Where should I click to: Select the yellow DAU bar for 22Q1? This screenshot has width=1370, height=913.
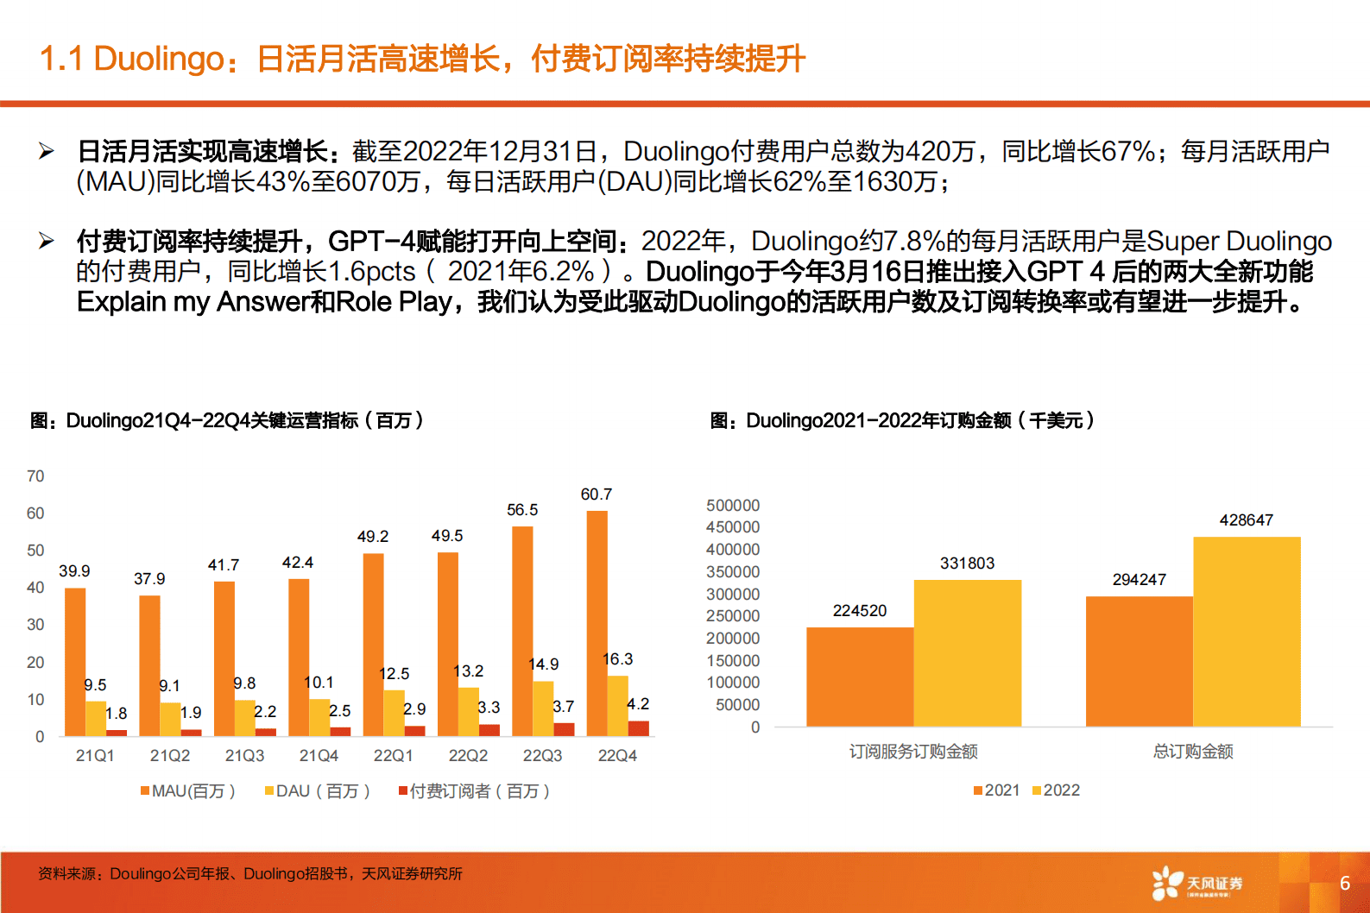394,713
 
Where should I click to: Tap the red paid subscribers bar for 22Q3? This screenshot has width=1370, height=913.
564,729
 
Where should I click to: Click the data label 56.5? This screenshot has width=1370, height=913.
522,510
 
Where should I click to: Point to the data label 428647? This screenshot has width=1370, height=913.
1246,520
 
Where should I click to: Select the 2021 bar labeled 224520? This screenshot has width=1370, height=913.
860,677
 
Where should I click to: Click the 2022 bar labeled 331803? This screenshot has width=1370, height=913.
967,653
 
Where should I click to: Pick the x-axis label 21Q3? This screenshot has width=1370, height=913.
244,756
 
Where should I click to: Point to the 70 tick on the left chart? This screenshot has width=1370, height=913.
35,476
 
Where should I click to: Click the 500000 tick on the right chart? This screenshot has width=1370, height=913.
733,506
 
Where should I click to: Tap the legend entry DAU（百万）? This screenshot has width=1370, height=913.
318,791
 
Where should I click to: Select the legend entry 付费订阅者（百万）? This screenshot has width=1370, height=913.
475,791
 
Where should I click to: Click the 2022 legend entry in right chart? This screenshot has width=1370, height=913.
1057,790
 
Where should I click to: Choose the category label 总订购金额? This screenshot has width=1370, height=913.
1193,752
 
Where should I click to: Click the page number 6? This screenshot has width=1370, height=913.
1344,883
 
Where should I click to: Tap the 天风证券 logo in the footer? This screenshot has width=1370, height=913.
1198,884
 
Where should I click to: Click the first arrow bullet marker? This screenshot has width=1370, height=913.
47,152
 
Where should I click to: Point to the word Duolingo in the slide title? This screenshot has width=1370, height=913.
159,59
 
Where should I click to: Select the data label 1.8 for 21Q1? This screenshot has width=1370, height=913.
117,714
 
